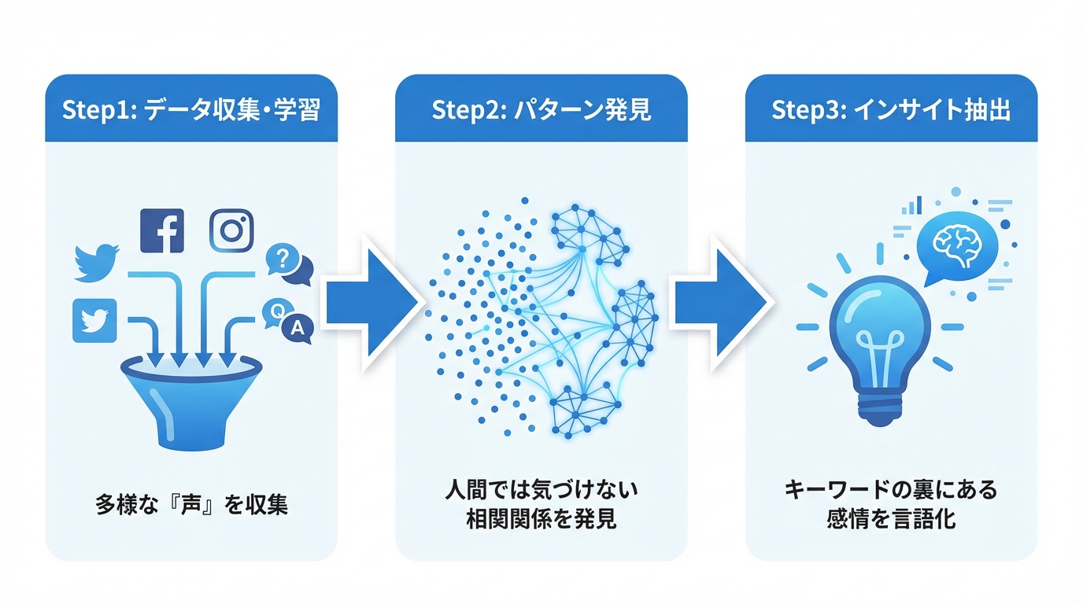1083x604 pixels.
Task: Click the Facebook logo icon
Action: (162, 230)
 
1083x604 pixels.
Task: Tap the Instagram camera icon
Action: (231, 230)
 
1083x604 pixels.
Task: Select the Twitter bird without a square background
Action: (96, 263)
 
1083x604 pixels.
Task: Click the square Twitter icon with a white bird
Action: (94, 320)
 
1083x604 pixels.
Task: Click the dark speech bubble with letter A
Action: (297, 329)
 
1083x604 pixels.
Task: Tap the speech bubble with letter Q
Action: (276, 311)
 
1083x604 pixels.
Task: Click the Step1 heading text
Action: (191, 110)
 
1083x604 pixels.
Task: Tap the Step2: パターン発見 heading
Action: (541, 110)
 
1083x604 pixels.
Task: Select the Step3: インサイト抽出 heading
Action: (890, 110)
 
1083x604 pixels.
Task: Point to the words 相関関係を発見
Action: (541, 519)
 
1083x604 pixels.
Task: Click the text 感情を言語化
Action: (890, 519)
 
